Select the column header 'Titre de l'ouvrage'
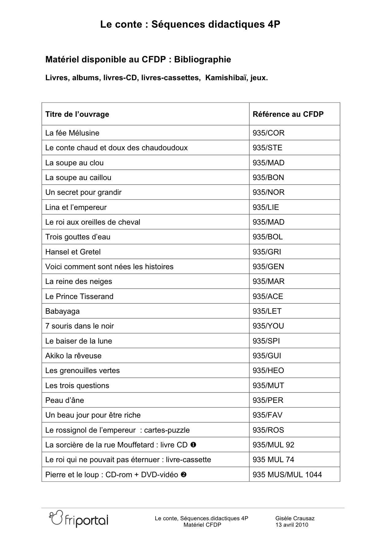point(77,114)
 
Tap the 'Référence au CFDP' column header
point(288,114)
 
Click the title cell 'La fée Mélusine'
point(72,133)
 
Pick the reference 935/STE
point(267,148)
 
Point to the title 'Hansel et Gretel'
point(73,252)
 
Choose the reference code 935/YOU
point(268,326)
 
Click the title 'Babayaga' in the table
point(62,311)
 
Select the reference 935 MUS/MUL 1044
point(287,475)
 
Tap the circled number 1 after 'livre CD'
point(193,445)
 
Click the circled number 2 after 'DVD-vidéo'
point(184,474)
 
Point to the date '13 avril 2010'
point(292,525)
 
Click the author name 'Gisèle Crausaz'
point(295,518)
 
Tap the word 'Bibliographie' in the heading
point(202,60)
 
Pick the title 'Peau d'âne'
point(64,400)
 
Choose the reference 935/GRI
point(267,252)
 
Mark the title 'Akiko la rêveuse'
point(73,356)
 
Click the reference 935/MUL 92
point(273,445)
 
